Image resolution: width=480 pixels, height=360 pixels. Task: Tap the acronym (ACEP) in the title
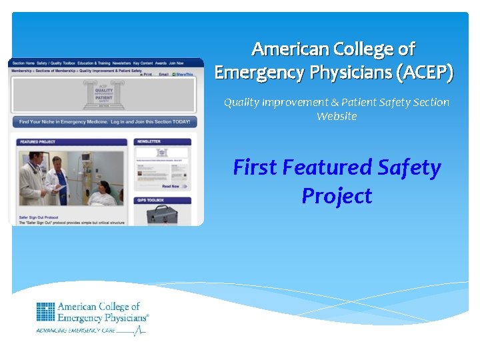click(425, 72)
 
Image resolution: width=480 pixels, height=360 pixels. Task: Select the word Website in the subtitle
click(337, 117)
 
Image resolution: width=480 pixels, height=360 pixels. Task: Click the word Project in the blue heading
click(337, 196)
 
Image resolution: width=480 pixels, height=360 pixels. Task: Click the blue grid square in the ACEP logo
click(45, 312)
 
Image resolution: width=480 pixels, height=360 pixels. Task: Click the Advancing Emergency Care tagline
click(76, 330)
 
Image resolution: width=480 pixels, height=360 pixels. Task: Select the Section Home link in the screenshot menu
click(23, 62)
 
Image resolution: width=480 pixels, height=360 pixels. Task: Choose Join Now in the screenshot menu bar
click(176, 62)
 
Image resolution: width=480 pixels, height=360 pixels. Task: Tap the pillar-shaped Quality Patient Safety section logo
click(103, 95)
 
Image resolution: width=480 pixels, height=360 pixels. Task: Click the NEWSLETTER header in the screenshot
click(163, 142)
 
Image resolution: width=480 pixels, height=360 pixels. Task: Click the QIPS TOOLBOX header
click(163, 200)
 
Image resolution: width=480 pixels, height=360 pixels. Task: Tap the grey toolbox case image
click(162, 215)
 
